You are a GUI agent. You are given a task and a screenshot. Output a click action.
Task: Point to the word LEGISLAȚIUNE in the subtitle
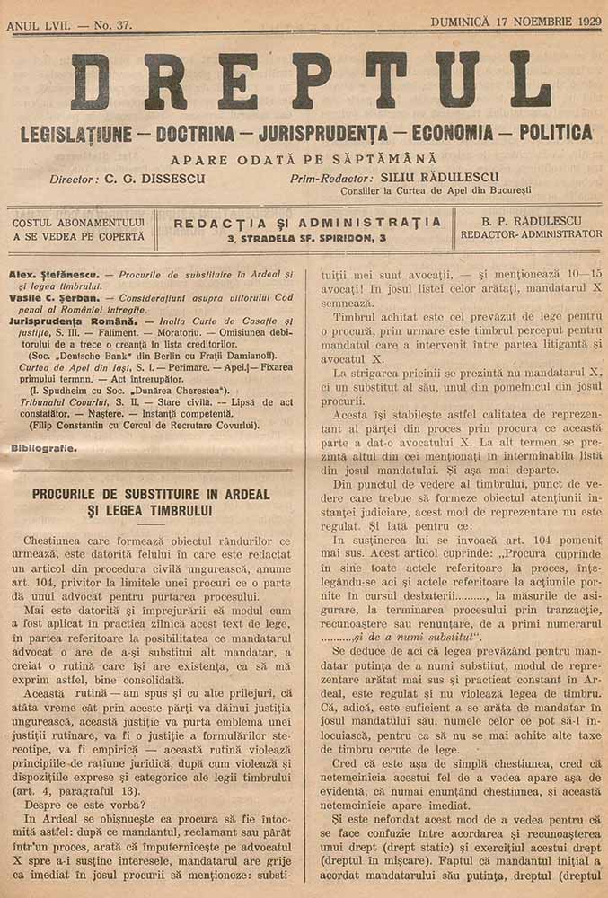tap(75, 134)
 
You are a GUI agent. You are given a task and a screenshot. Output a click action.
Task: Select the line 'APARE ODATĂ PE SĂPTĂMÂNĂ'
tap(305, 157)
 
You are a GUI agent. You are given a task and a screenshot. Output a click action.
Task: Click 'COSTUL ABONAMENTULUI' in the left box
tap(78, 221)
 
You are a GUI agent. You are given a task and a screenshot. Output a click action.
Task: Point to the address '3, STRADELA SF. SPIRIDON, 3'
tap(307, 238)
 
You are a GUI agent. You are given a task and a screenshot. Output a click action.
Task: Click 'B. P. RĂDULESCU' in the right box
tap(531, 220)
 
